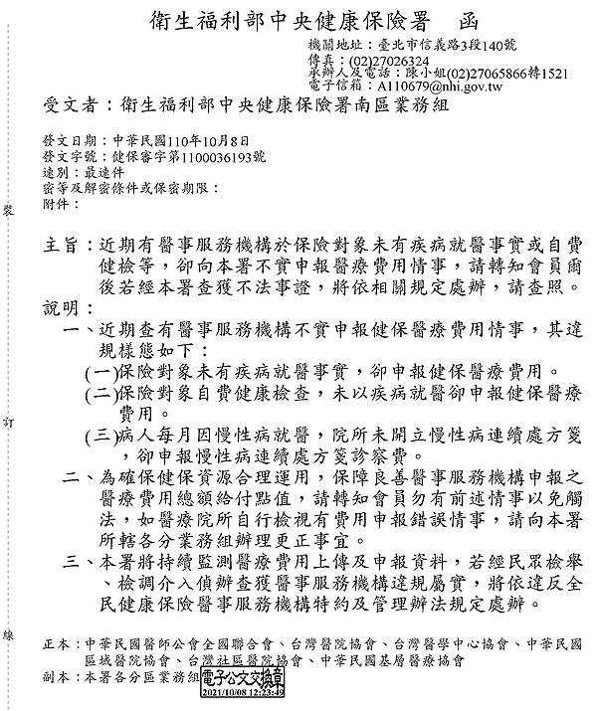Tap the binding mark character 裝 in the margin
[8, 212]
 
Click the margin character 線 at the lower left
[8, 634]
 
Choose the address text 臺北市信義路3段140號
[446, 47]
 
